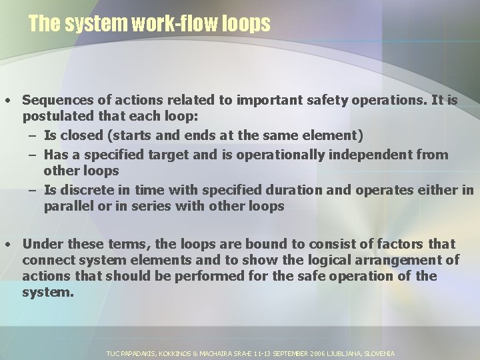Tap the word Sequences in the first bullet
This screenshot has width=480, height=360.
click(x=55, y=100)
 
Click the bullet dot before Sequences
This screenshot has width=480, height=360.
click(x=6, y=101)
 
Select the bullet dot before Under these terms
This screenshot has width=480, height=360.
click(x=6, y=245)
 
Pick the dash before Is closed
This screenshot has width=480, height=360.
click(x=32, y=136)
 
